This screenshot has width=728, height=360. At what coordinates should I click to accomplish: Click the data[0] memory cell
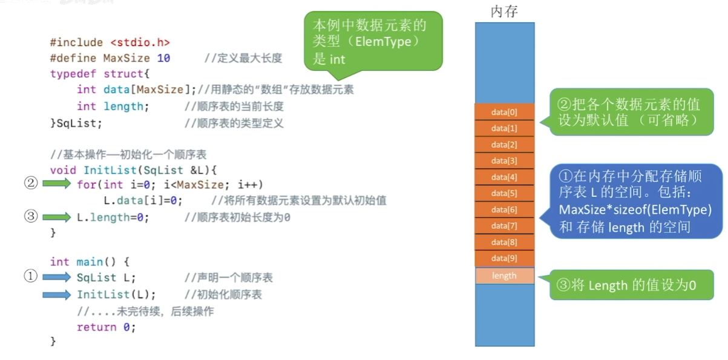pyautogui.click(x=505, y=112)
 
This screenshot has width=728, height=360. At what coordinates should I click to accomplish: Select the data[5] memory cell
pyautogui.click(x=505, y=194)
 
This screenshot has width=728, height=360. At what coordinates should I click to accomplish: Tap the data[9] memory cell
pyautogui.click(x=505, y=258)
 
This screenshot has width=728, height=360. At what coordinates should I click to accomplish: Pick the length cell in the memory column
pyautogui.click(x=505, y=275)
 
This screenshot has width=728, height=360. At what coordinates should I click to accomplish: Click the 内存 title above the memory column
pyautogui.click(x=504, y=11)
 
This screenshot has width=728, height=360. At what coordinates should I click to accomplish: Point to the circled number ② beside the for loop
pyautogui.click(x=31, y=183)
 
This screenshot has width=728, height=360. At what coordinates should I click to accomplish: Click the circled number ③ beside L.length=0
pyautogui.click(x=31, y=216)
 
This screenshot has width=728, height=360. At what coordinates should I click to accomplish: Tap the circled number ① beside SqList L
pyautogui.click(x=30, y=276)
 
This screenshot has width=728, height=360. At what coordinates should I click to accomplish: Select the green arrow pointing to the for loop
pyautogui.click(x=56, y=183)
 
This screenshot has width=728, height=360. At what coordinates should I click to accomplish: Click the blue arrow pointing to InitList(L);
pyautogui.click(x=56, y=295)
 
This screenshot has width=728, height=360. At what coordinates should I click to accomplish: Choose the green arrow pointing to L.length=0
pyautogui.click(x=56, y=217)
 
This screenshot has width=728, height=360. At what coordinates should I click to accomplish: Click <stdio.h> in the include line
pyautogui.click(x=140, y=42)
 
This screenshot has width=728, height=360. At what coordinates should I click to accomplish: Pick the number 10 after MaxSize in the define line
pyautogui.click(x=163, y=58)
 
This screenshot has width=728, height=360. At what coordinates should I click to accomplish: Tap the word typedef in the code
pyautogui.click(x=73, y=74)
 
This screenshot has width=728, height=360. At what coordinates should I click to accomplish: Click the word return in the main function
pyautogui.click(x=97, y=327)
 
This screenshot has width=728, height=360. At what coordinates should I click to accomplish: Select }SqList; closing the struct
pyautogui.click(x=76, y=123)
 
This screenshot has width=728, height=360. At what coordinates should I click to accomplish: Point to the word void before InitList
pyautogui.click(x=63, y=170)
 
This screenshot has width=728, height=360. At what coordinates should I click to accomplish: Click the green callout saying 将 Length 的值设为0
pyautogui.click(x=631, y=285)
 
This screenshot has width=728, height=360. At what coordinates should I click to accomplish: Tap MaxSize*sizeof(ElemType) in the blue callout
pyautogui.click(x=635, y=209)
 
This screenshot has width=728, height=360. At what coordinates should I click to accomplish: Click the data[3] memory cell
pyautogui.click(x=505, y=161)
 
